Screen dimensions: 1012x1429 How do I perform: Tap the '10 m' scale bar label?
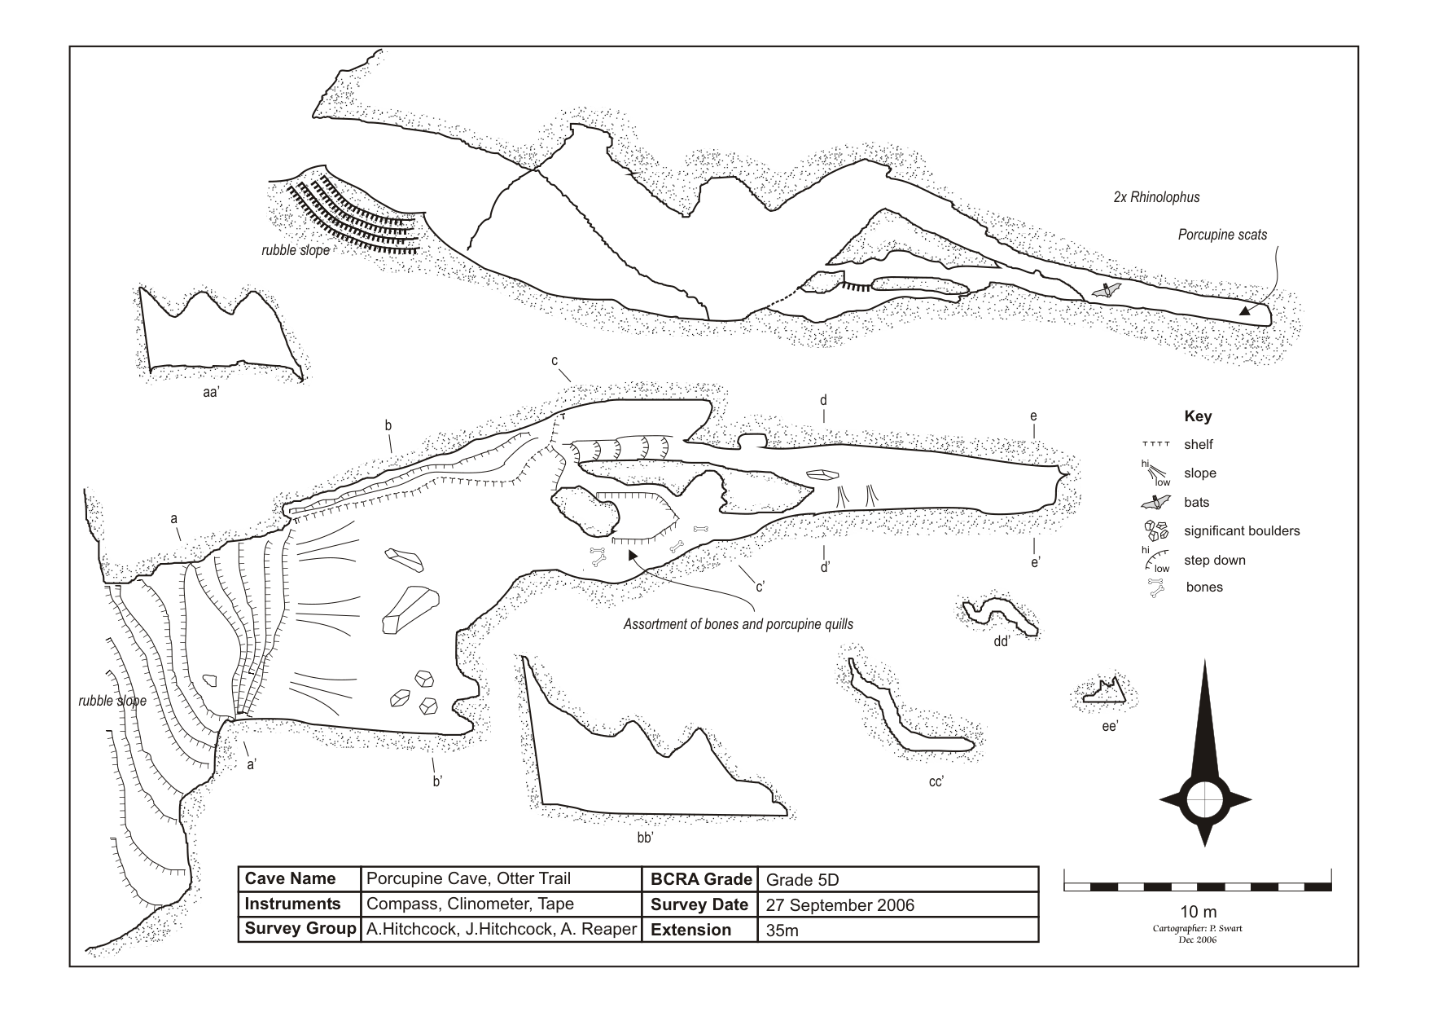(x=1198, y=911)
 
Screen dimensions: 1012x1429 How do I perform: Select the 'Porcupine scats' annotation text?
(x=1222, y=235)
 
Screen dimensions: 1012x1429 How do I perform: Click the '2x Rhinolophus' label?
(x=1156, y=197)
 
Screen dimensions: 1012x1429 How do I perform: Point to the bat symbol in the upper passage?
(x=1107, y=289)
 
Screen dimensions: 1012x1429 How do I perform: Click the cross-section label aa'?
(x=213, y=392)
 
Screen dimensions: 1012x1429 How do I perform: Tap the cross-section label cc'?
(x=936, y=781)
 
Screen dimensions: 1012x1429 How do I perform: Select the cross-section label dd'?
(x=1002, y=641)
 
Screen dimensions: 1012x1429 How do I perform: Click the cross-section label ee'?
(x=1109, y=726)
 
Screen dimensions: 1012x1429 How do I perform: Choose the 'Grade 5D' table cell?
(x=802, y=879)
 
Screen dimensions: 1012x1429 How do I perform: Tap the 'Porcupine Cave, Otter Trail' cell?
(x=468, y=878)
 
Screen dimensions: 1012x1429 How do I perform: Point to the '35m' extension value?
(x=782, y=931)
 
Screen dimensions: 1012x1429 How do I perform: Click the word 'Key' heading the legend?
(x=1198, y=416)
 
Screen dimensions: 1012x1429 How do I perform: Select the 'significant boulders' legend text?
(x=1242, y=531)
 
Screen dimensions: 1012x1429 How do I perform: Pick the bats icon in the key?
(x=1156, y=502)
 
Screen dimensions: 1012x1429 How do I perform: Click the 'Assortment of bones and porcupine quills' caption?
(x=739, y=625)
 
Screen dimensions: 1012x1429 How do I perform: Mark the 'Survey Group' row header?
(x=300, y=929)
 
